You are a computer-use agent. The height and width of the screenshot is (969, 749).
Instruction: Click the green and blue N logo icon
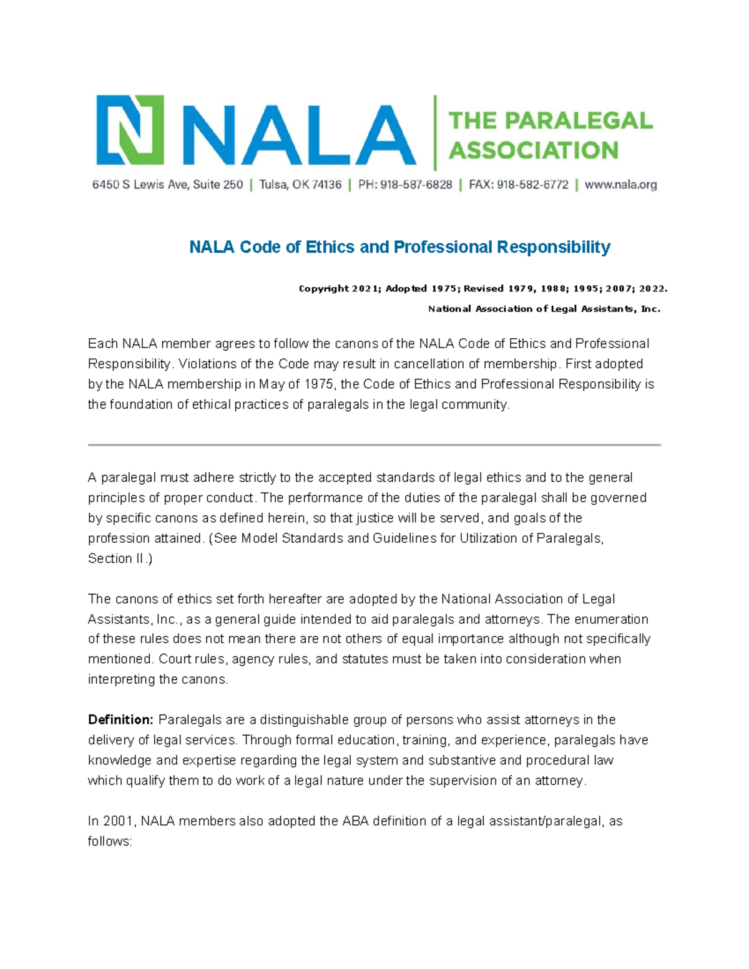point(130,130)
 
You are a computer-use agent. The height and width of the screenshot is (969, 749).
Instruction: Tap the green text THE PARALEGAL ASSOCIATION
point(550,135)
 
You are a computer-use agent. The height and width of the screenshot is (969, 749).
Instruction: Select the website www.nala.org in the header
point(620,185)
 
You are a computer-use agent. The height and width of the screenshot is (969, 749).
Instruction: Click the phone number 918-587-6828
point(416,185)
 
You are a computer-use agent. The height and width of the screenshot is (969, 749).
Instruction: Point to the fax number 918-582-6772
point(532,185)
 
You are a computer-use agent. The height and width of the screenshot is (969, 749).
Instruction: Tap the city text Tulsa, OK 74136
point(300,185)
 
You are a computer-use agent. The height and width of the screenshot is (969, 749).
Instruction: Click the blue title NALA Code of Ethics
point(399,247)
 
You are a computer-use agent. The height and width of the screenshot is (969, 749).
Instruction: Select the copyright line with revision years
point(482,288)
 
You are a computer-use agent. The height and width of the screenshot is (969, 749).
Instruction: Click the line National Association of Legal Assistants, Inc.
point(543,309)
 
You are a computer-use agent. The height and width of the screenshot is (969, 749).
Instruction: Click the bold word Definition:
point(120,720)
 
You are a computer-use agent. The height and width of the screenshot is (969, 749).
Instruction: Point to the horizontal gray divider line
point(374,445)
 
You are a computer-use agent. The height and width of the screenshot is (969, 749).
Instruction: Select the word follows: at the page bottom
point(110,842)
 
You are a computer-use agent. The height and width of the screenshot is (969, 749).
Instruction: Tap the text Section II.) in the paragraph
point(120,558)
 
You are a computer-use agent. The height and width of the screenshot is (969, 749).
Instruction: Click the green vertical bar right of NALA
point(435,133)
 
